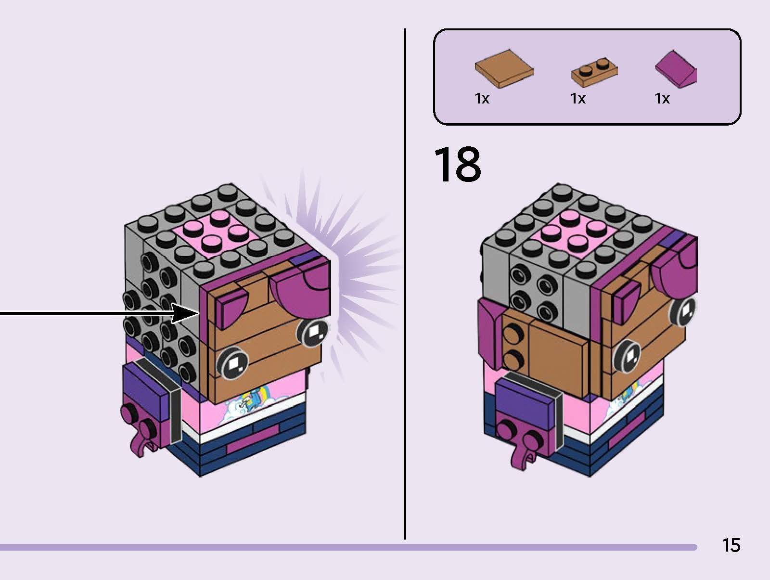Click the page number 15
click(x=731, y=545)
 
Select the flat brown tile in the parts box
click(x=504, y=68)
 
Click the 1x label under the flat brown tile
click(x=482, y=99)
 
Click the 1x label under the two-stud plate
click(x=578, y=99)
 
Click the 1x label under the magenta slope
click(x=662, y=99)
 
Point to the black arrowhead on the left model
click(x=185, y=313)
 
